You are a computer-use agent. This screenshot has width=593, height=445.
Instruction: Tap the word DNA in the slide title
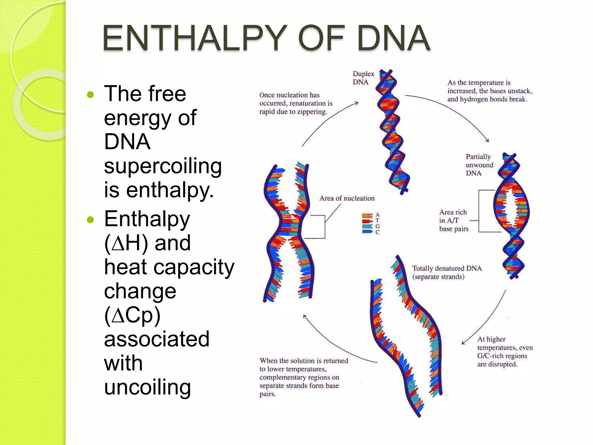pyautogui.click(x=393, y=38)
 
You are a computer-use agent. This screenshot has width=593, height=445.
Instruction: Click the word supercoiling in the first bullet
pyautogui.click(x=163, y=166)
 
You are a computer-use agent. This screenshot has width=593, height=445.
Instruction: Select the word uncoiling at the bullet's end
pyautogui.click(x=147, y=387)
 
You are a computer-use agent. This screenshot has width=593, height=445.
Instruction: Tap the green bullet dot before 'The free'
pyautogui.click(x=90, y=94)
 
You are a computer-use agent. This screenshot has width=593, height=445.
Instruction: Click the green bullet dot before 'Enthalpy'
pyautogui.click(x=90, y=220)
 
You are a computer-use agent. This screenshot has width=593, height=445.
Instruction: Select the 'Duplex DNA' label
pyautogui.click(x=363, y=78)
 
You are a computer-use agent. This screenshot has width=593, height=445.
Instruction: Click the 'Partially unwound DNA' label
pyautogui.click(x=479, y=165)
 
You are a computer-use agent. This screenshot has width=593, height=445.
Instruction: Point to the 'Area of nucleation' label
pyautogui.click(x=347, y=198)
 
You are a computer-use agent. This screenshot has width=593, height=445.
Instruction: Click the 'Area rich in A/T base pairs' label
pyautogui.click(x=453, y=220)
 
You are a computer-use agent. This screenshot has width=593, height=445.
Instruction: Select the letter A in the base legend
pyautogui.click(x=377, y=215)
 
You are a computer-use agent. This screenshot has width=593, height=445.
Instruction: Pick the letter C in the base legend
pyautogui.click(x=377, y=232)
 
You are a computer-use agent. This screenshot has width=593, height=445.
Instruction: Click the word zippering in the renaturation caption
pyautogui.click(x=312, y=112)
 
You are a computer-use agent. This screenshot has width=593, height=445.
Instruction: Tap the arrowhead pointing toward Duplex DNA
pyautogui.click(x=357, y=103)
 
